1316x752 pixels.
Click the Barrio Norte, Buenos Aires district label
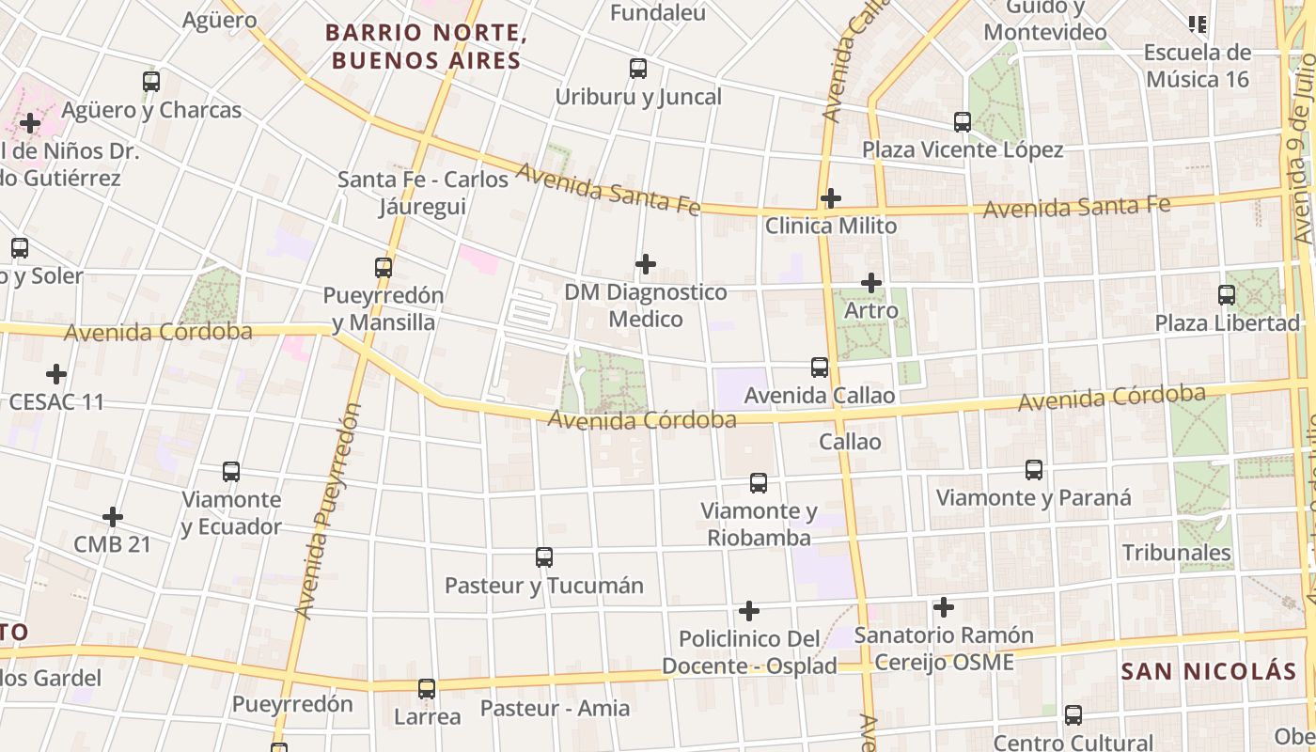point(423,47)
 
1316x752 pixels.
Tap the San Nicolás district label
point(1209,671)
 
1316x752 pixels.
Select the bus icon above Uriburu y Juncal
point(638,69)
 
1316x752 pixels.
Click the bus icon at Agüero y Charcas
point(151,82)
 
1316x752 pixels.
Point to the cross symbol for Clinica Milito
point(830,198)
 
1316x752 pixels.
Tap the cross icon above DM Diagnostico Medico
point(646,264)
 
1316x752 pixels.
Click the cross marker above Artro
point(871,282)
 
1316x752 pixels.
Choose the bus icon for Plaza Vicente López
point(963,122)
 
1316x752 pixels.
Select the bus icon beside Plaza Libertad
point(1227,295)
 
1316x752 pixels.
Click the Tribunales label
point(1177,552)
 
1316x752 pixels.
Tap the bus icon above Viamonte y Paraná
point(1034,470)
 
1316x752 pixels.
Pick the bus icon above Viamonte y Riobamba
point(759,483)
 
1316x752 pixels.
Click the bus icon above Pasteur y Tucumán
point(544,557)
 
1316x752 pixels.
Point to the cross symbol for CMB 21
point(113,517)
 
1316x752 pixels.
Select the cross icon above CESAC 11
point(56,374)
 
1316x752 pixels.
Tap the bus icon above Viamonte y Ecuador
point(231,472)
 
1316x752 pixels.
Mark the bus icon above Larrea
point(427,689)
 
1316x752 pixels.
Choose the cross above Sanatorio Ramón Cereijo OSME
point(944,607)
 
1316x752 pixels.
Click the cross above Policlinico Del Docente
point(749,611)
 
